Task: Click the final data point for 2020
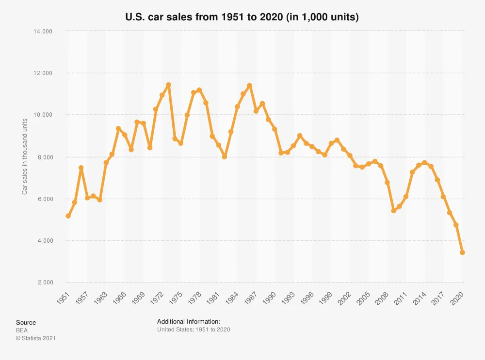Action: (x=462, y=252)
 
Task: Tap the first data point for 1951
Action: (x=68, y=216)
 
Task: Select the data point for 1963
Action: (x=106, y=162)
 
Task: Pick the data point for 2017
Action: (x=443, y=196)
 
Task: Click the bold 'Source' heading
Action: (x=26, y=323)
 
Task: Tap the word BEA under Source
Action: (x=22, y=330)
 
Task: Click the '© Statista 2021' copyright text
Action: (x=36, y=338)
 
